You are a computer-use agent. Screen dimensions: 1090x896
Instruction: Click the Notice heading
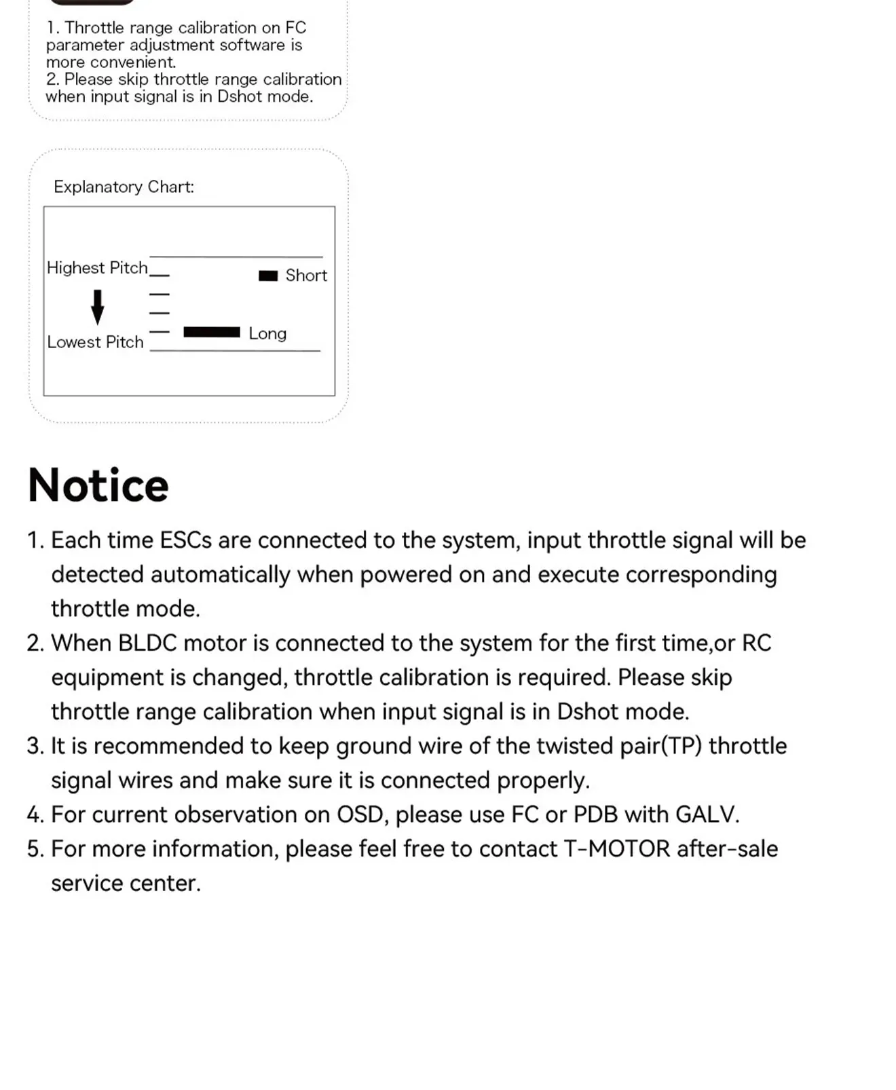(x=98, y=485)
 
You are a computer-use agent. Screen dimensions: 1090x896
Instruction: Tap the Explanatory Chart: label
(x=124, y=187)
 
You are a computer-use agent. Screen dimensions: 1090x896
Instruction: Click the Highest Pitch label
(x=97, y=268)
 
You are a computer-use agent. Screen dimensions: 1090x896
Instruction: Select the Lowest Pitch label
(x=95, y=342)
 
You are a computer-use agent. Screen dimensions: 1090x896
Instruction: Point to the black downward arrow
(x=98, y=306)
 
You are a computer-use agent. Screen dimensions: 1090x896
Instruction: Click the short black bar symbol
(x=268, y=276)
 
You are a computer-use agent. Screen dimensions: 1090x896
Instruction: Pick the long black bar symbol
(x=212, y=332)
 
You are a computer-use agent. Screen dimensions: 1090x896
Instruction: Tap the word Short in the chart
(x=306, y=276)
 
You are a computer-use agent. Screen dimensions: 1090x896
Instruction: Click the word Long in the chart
(x=267, y=333)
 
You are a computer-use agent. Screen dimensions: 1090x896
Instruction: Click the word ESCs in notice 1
(x=185, y=540)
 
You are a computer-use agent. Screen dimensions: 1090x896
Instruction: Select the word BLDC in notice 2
(x=147, y=643)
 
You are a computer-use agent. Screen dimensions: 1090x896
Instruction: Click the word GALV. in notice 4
(x=707, y=814)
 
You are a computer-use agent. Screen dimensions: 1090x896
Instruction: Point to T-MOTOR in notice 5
(x=617, y=849)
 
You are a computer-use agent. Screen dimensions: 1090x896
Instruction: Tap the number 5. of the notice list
(x=35, y=849)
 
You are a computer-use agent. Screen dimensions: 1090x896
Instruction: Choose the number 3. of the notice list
(x=35, y=746)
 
